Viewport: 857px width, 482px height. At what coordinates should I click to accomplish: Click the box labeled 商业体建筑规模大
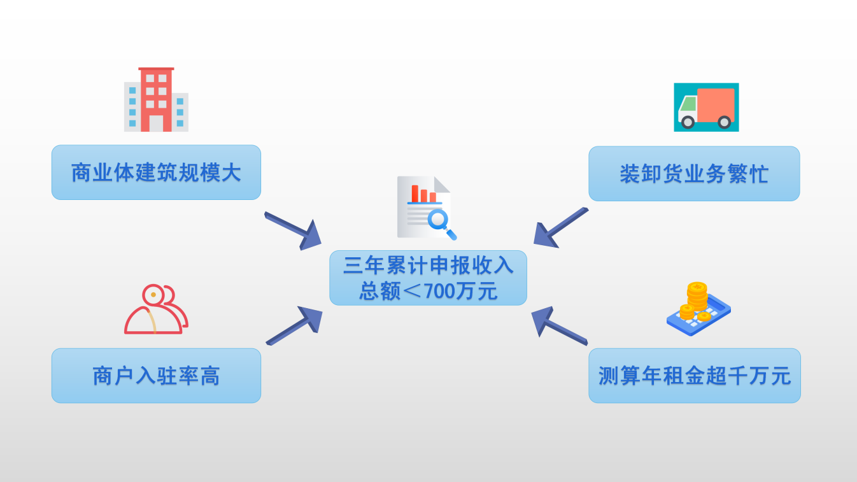pos(156,173)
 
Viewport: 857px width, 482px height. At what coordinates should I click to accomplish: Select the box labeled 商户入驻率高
pos(156,376)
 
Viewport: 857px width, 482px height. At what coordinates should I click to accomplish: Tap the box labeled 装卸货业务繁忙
pos(694,174)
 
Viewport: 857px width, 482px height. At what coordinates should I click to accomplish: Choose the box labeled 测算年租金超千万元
pos(694,376)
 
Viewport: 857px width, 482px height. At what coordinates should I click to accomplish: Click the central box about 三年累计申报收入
pos(428,278)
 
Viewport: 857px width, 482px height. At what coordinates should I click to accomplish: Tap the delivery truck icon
pos(706,107)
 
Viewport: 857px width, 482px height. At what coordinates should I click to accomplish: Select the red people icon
pos(156,310)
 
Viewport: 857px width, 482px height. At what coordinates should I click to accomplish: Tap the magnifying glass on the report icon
pos(441,222)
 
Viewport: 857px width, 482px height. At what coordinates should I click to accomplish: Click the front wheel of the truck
pos(687,121)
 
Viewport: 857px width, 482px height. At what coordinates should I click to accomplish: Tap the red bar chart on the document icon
pos(423,193)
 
